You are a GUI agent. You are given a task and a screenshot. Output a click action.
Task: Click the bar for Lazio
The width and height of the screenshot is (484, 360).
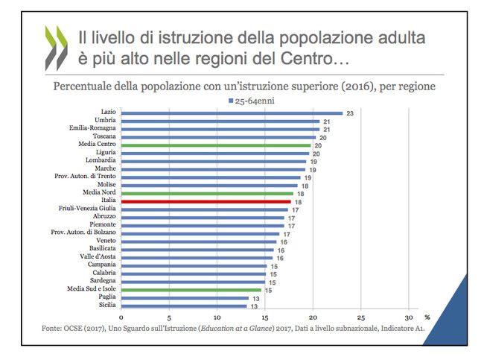coord(231,113)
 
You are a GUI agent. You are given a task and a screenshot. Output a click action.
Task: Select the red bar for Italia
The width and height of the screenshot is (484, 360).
coord(206,201)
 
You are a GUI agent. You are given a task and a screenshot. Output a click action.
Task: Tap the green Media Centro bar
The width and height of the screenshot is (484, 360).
coord(215,145)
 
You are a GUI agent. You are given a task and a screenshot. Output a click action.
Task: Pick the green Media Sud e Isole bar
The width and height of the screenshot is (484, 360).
coord(191,289)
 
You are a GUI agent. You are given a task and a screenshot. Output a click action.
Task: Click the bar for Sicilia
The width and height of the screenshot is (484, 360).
coord(184,305)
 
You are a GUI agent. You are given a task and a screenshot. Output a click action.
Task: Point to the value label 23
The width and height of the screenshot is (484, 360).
coord(348,113)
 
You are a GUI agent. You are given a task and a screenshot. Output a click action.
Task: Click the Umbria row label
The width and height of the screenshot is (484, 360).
coord(104,121)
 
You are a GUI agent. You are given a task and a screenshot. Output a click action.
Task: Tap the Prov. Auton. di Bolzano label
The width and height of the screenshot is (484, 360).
coord(83,233)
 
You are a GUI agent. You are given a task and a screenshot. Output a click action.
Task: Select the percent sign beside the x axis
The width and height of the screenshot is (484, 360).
coord(427,316)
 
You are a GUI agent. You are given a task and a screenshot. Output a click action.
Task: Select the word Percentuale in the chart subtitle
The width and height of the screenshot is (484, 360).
coord(86,86)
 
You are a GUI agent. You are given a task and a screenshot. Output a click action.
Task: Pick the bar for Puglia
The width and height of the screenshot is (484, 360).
coord(184,297)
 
